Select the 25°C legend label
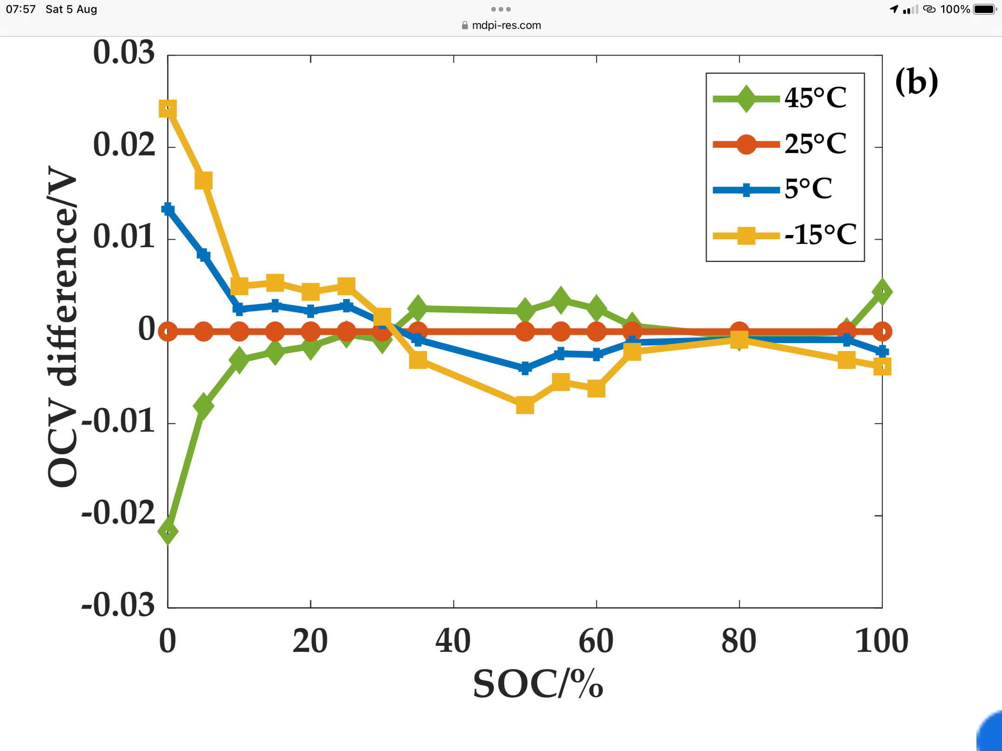coord(815,144)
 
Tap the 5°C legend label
coord(808,189)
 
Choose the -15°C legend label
coord(820,235)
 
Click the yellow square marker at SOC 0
coord(167,109)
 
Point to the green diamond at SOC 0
coord(167,531)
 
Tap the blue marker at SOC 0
coord(167,209)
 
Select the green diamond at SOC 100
coord(882,292)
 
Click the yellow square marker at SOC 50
coord(525,405)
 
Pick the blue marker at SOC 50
coord(525,369)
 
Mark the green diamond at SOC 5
coord(203,406)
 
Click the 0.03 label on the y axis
coord(123,52)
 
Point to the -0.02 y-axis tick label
coord(118,514)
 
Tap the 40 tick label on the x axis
coord(453,641)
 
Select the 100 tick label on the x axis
coord(881,641)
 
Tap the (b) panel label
coord(916,82)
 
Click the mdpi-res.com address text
coord(506,25)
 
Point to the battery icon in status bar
coord(984,9)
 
